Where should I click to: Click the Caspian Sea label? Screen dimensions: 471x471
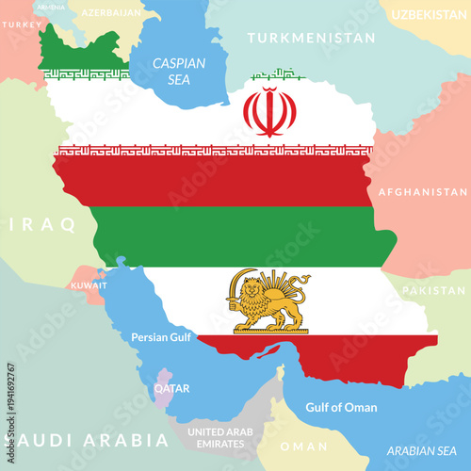(179, 71)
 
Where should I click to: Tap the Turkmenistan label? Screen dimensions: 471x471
(311, 39)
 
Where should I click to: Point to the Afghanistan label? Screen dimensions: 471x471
(423, 191)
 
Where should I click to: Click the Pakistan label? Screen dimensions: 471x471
(434, 290)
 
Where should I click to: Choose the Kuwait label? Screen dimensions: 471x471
(89, 284)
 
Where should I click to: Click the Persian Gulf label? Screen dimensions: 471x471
(162, 336)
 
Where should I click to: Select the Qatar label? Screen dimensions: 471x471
(172, 388)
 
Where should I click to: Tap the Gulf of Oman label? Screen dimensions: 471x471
(341, 408)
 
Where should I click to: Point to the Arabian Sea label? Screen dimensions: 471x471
(427, 449)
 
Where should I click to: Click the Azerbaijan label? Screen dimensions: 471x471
(110, 13)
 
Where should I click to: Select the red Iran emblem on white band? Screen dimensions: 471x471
(269, 111)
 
